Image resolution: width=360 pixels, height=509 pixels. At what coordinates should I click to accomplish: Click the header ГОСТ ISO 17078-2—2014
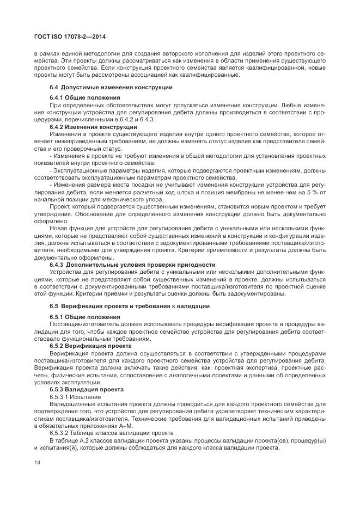[x=70, y=36]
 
